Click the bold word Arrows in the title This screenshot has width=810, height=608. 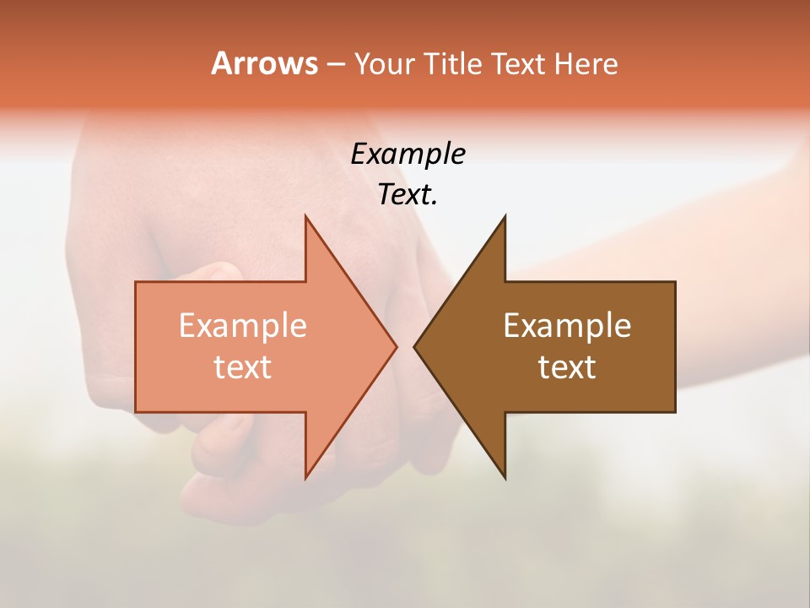264,63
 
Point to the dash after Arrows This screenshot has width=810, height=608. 335,64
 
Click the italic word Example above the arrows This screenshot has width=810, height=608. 408,154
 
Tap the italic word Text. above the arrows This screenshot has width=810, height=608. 408,194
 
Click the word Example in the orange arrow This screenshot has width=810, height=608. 242,326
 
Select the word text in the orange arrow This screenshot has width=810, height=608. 242,367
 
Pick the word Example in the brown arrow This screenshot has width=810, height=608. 567,326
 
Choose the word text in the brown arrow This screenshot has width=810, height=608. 567,367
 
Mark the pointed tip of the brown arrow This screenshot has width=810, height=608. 415,346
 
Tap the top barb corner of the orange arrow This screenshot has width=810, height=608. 306,217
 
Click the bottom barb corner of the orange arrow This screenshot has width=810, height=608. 306,477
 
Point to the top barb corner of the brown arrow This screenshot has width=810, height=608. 505,217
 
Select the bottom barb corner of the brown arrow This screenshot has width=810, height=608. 505,477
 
